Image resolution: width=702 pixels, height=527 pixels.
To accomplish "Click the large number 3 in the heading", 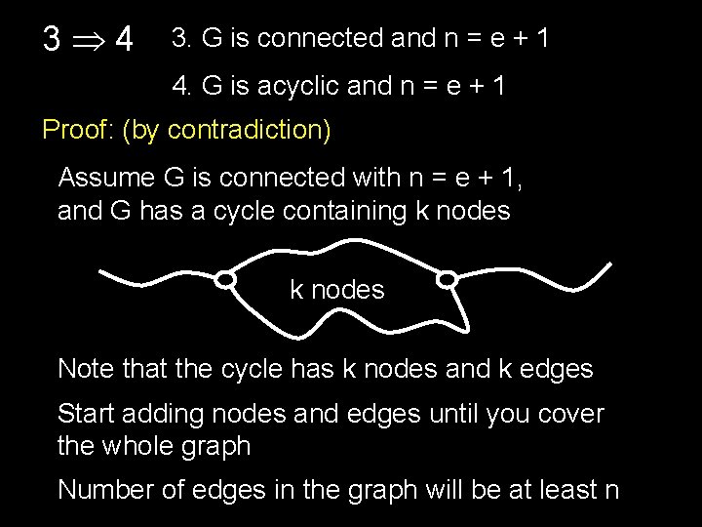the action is [x=54, y=40].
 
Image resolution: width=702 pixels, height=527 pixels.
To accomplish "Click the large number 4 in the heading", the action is [x=124, y=40].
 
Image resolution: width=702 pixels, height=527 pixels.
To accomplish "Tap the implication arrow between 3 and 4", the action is [x=89, y=42].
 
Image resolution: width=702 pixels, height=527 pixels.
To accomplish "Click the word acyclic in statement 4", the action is [x=284, y=86].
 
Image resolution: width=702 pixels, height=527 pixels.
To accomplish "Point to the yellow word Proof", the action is [x=77, y=131].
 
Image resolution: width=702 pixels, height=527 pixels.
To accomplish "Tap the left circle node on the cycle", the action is [x=226, y=281].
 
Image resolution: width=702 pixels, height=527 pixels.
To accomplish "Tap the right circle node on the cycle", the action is [x=447, y=280].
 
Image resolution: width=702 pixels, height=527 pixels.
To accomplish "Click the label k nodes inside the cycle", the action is [x=337, y=290].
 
